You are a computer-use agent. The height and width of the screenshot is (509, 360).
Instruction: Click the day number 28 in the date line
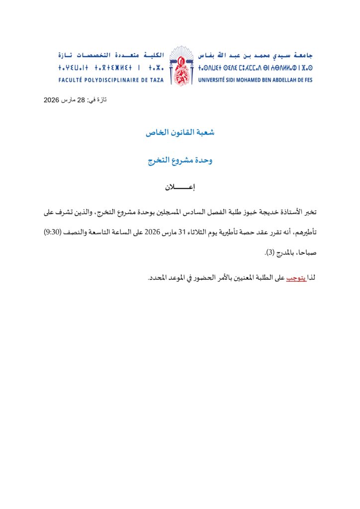click(81, 100)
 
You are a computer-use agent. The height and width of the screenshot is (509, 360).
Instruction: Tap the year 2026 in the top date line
click(52, 100)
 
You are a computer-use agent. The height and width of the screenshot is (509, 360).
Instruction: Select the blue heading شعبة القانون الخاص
click(180, 133)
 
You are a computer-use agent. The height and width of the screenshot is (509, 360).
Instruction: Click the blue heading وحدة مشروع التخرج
click(180, 161)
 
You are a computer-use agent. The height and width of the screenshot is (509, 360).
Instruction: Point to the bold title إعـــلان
click(180, 188)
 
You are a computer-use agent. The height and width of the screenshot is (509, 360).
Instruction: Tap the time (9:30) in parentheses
click(54, 232)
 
